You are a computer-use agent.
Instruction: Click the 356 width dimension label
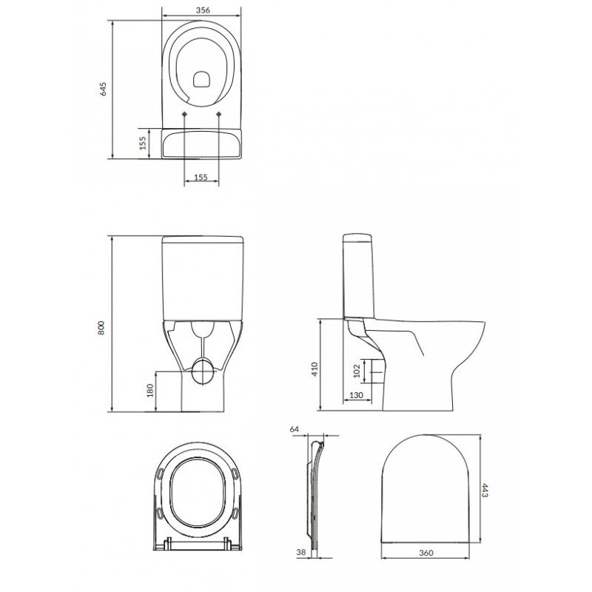tap(203, 10)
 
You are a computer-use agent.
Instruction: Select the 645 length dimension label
tap(103, 89)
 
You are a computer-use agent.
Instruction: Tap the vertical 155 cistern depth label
tap(142, 144)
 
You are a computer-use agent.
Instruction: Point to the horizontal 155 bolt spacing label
tap(201, 177)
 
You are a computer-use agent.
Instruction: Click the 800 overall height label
tap(101, 328)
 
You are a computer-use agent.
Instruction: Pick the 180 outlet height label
tap(150, 391)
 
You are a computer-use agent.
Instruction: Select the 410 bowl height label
tap(315, 369)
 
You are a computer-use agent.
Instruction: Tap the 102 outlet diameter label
tap(357, 371)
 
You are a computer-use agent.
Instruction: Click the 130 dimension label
tap(356, 395)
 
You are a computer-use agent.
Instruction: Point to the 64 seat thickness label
tap(294, 429)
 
